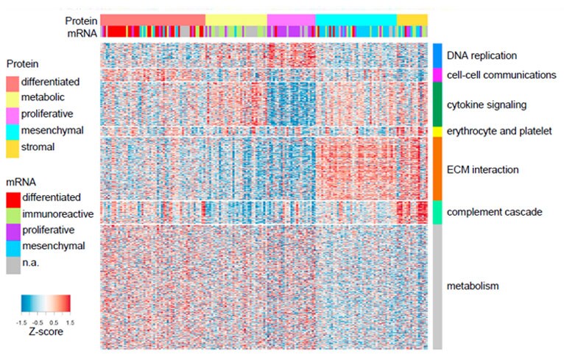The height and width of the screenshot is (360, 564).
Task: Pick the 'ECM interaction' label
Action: [x=483, y=169]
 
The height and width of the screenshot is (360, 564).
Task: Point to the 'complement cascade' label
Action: [x=484, y=212]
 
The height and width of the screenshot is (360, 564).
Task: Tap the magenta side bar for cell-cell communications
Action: [x=437, y=74]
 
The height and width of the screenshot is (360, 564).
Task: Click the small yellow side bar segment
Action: [x=437, y=131]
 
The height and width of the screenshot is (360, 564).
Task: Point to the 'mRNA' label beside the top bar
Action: [x=82, y=31]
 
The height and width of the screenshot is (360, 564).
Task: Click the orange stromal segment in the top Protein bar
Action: [x=412, y=18]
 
